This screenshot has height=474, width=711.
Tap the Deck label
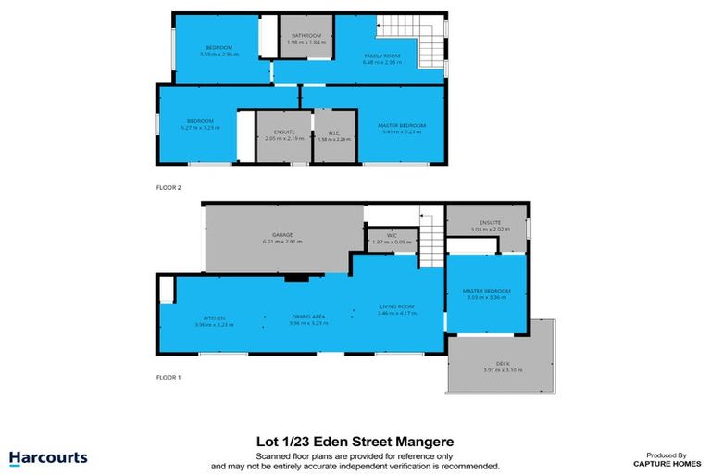[503, 363]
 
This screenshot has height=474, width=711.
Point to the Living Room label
[395, 307]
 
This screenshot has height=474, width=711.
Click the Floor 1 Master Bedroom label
[486, 293]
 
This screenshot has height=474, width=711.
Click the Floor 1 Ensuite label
[485, 223]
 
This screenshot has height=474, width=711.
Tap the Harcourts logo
[48, 457]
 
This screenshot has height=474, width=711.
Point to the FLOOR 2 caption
[168, 187]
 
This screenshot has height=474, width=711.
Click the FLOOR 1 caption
[168, 377]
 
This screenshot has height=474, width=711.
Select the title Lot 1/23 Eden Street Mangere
[355, 442]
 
